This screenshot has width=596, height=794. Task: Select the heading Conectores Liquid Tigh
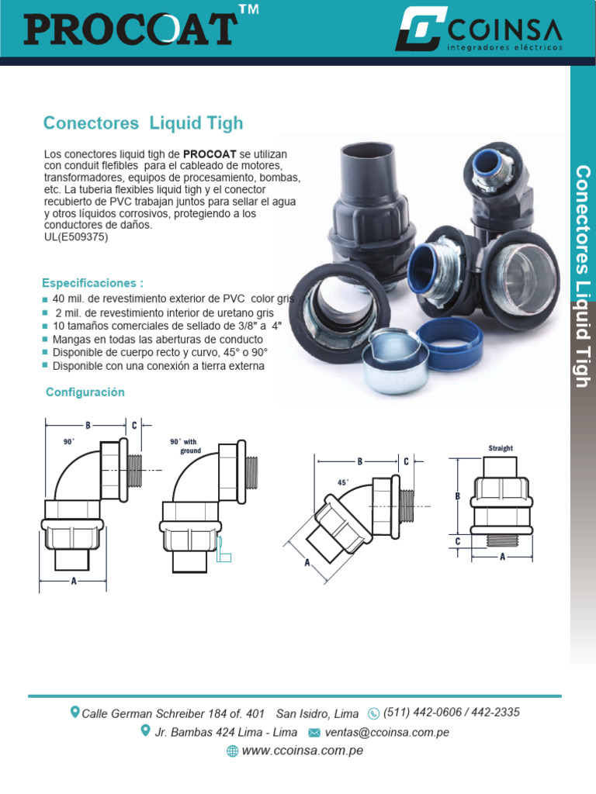pyautogui.click(x=143, y=123)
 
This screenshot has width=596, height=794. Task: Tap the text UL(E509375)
pyautogui.click(x=76, y=237)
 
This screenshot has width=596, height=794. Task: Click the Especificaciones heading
pyautogui.click(x=92, y=283)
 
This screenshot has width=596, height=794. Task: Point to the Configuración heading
pyautogui.click(x=85, y=392)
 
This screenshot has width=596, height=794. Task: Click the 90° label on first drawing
pyautogui.click(x=69, y=441)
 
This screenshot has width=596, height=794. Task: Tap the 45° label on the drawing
pyautogui.click(x=343, y=482)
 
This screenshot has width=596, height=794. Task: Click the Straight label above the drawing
pyautogui.click(x=501, y=448)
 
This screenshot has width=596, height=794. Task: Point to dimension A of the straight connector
pyautogui.click(x=502, y=556)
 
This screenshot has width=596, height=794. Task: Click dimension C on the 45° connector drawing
pyautogui.click(x=406, y=461)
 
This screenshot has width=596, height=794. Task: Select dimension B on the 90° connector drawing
pyautogui.click(x=88, y=425)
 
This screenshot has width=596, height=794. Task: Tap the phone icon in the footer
pyautogui.click(x=373, y=713)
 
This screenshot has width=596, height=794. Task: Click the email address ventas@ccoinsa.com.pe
pyautogui.click(x=386, y=732)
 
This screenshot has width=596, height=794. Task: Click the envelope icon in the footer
pyautogui.click(x=314, y=732)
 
